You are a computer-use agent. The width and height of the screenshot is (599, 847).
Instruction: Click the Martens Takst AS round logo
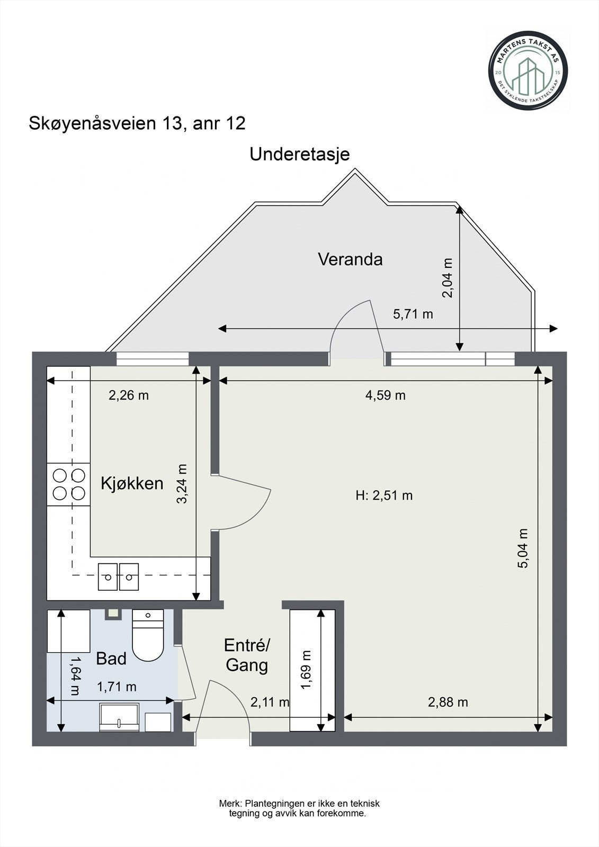coord(528,71)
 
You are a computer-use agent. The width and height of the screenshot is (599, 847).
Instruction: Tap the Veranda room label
coord(350,259)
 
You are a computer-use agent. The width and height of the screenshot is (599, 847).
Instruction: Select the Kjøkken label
coord(132,484)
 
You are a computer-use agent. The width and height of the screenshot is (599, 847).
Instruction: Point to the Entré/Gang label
coord(247,655)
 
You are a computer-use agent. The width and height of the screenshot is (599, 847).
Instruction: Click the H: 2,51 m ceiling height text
coord(384,495)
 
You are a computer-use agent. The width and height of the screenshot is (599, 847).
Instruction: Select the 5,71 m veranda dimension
coord(413,314)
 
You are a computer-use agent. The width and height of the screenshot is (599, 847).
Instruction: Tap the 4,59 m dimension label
coord(385,395)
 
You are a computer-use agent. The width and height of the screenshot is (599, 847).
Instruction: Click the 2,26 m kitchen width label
coord(129,395)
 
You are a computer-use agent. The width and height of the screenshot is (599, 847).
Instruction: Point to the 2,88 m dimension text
coord(448,702)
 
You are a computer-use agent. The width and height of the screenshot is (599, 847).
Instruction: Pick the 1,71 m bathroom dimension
coord(117,687)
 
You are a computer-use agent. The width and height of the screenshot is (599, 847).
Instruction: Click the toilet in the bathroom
coord(148,635)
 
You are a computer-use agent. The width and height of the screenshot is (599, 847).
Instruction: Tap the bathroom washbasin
coord(119,717)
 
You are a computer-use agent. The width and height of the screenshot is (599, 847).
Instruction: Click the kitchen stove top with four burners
coord(68,484)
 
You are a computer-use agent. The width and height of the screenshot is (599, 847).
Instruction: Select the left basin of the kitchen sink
coord(108,576)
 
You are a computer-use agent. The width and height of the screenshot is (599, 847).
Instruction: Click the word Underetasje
coord(300,155)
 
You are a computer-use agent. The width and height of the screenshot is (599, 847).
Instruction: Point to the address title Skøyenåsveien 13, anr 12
coord(137,123)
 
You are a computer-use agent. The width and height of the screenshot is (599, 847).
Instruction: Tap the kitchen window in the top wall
coord(153,359)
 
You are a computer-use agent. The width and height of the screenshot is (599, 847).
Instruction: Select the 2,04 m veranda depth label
coord(448,278)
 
